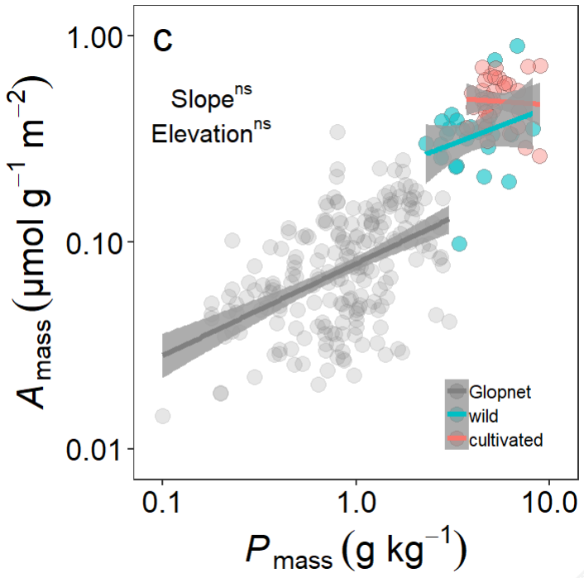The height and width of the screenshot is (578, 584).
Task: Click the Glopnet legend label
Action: (500, 391)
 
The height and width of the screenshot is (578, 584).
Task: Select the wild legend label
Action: (483, 415)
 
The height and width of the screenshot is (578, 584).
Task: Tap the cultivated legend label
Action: (505, 439)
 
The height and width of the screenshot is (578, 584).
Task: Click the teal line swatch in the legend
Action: (456, 415)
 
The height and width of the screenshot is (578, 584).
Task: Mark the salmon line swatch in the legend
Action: (456, 439)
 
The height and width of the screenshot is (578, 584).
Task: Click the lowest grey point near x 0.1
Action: (163, 416)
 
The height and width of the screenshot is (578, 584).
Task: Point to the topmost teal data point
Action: (518, 45)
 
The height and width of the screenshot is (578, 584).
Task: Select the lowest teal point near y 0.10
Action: (459, 243)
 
